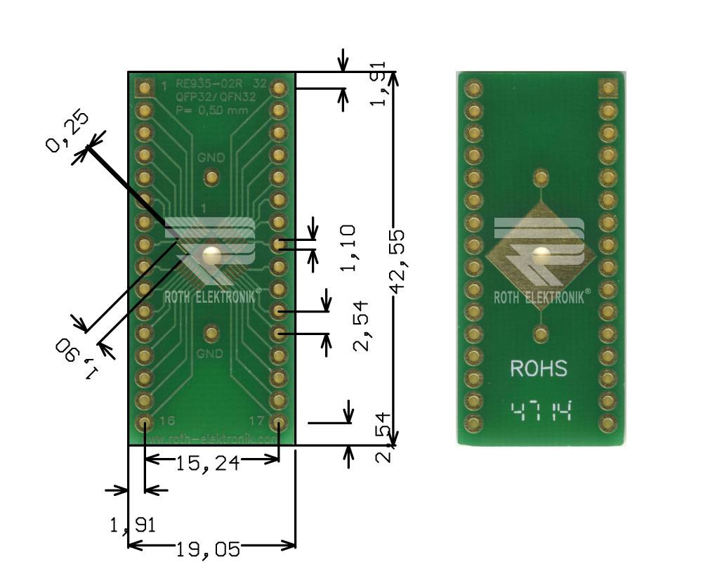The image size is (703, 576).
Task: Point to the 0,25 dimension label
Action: tap(67, 133)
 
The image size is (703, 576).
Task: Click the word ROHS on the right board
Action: tap(539, 369)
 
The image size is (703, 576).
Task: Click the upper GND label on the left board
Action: tap(211, 158)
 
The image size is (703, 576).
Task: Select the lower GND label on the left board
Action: tap(210, 353)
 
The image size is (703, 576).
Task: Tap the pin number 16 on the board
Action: tap(167, 421)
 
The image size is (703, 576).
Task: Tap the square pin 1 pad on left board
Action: tap(145, 88)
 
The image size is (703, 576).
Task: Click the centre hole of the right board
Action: tap(540, 256)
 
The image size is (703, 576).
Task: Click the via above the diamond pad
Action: tap(540, 176)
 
